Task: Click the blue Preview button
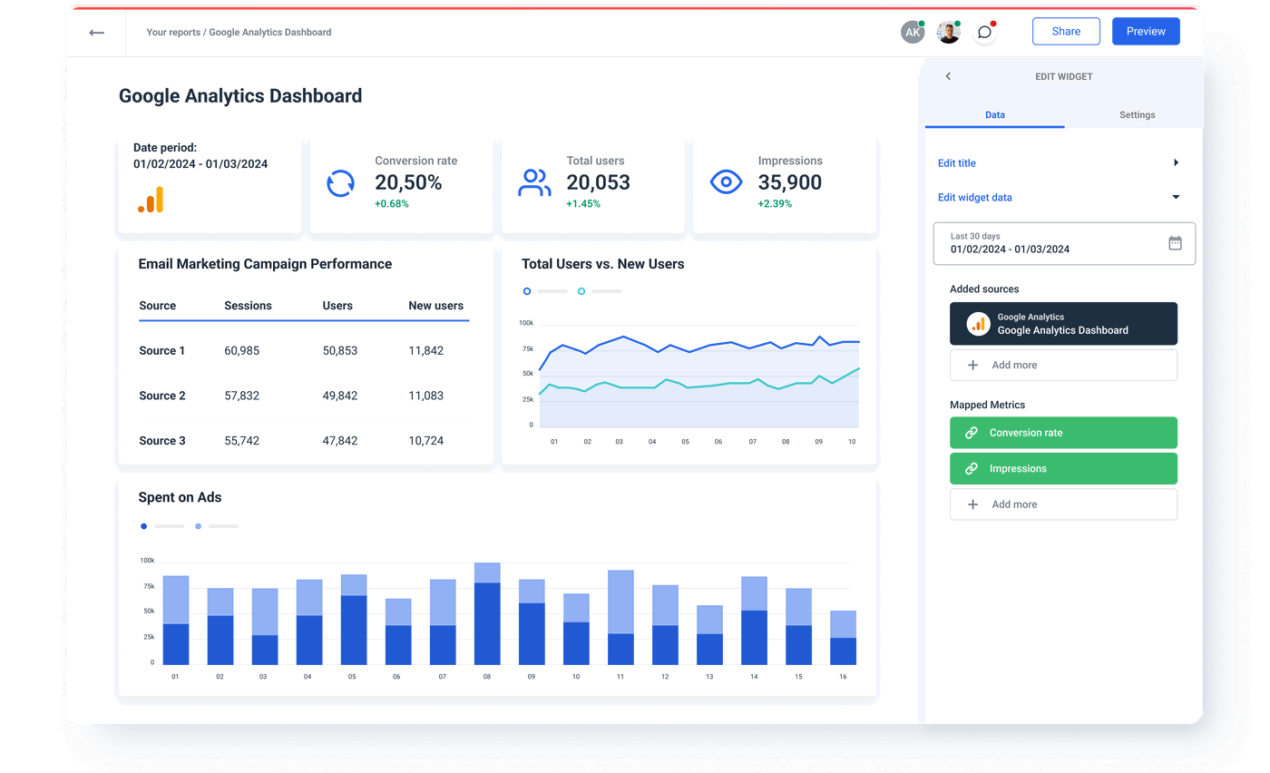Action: point(1146,32)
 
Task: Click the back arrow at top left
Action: point(96,33)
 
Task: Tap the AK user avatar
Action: point(912,33)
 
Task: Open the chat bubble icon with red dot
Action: point(984,33)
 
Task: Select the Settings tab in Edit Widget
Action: point(1137,115)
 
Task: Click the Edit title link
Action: point(957,163)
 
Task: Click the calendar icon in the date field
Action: point(1175,243)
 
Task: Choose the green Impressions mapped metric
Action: point(1063,469)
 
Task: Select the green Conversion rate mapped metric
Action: point(1063,433)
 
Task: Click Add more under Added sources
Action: point(1063,365)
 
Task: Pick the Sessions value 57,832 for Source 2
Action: point(241,396)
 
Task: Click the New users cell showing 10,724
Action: point(425,441)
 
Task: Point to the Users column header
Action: point(337,306)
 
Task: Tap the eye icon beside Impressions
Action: point(726,182)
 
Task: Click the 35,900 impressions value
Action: point(789,182)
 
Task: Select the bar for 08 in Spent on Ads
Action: point(487,614)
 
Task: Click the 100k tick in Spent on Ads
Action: point(146,561)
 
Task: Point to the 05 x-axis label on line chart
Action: point(685,442)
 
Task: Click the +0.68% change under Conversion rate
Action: point(392,204)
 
